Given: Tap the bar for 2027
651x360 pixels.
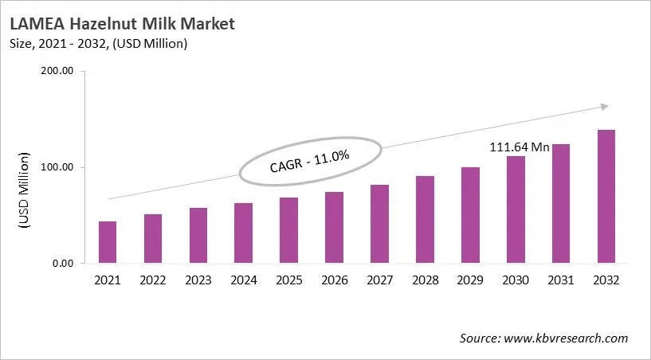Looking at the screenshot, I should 379,224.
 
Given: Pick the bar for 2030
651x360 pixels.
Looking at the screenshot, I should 516,209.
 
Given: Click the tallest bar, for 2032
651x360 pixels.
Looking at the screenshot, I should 606,197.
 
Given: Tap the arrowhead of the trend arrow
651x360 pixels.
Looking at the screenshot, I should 604,106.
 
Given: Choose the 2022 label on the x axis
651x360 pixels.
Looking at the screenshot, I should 152,280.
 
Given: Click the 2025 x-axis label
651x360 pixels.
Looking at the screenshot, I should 288,280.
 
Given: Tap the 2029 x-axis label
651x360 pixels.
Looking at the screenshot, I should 470,280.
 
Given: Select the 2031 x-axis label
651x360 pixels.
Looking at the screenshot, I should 561,280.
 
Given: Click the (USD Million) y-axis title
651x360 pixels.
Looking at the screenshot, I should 23,192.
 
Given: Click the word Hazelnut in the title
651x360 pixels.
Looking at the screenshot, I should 104,24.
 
